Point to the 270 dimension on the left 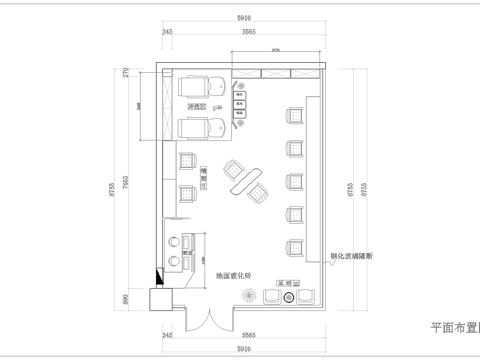point(127,73)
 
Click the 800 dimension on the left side point(127,298)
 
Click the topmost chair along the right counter point(295,117)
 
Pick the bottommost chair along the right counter point(295,246)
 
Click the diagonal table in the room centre point(247,181)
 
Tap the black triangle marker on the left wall point(155,277)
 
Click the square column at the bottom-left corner point(159,299)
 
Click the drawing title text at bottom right point(454,327)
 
